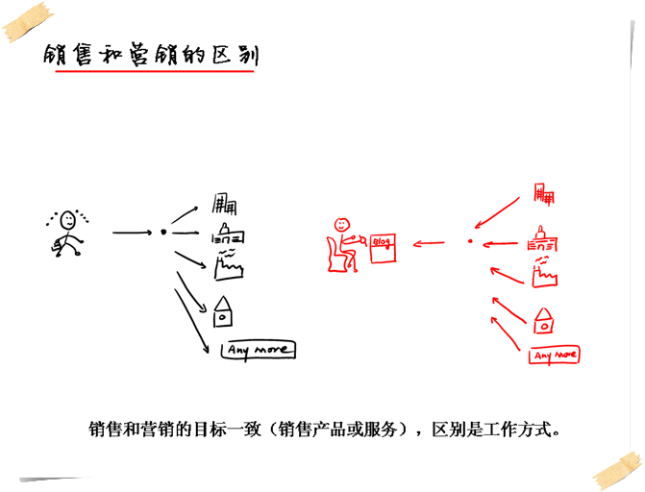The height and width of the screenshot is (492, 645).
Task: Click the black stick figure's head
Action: (68, 220)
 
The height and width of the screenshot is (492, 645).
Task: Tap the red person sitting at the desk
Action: (341, 244)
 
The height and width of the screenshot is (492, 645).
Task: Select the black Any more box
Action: (259, 350)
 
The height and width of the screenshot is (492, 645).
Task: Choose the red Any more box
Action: (555, 356)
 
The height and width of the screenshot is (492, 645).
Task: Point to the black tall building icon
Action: (225, 203)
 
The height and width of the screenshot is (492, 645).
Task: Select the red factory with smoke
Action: (544, 273)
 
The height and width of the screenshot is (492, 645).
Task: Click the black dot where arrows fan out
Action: (163, 233)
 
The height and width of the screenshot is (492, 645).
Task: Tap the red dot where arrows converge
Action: (470, 241)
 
